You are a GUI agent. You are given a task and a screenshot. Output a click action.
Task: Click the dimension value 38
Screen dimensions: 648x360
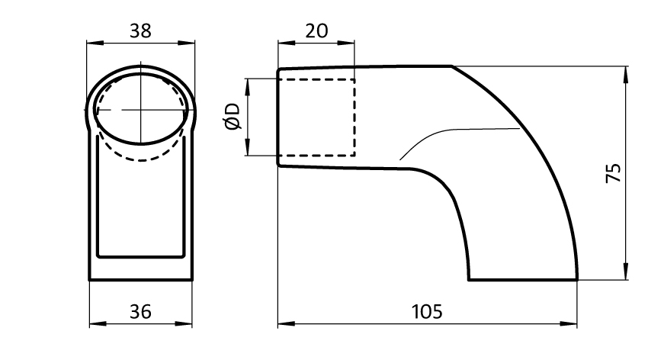(x=140, y=31)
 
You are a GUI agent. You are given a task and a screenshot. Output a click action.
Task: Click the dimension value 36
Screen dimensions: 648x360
(x=140, y=312)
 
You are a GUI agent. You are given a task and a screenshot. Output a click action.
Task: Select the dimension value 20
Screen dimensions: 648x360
(x=316, y=31)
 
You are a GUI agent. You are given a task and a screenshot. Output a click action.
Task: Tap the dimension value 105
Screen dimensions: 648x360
(x=427, y=312)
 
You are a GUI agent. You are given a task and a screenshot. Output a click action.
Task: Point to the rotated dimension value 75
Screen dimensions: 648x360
(x=613, y=173)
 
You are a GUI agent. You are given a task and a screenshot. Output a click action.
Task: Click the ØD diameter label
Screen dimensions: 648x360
(x=233, y=117)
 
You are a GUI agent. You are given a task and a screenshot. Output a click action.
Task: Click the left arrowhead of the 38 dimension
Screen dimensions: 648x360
(x=95, y=43)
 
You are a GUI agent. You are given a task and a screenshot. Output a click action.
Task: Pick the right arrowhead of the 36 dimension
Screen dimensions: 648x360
(x=184, y=323)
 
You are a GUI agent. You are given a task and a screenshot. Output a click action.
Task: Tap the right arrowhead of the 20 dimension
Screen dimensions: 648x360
(x=346, y=43)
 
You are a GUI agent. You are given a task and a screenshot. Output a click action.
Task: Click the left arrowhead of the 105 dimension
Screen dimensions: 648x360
(x=287, y=323)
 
